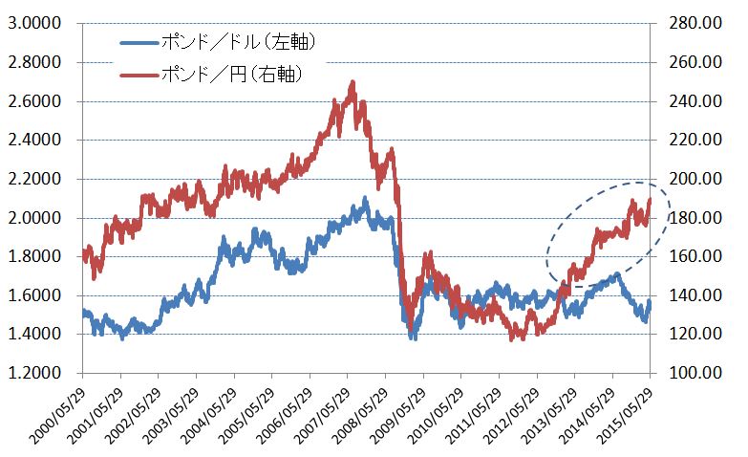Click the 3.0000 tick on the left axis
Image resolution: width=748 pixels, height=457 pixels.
click(x=31, y=24)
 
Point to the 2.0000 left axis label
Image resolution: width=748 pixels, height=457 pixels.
click(x=31, y=218)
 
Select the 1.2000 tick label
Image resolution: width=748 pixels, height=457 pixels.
click(x=31, y=373)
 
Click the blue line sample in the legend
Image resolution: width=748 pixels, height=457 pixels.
click(x=139, y=42)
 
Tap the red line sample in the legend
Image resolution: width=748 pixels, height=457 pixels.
click(x=139, y=74)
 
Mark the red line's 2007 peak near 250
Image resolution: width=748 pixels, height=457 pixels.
click(x=353, y=84)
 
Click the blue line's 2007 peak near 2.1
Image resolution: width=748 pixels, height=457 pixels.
click(x=364, y=200)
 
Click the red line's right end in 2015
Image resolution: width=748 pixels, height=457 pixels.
click(x=650, y=199)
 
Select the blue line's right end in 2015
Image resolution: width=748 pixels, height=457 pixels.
click(x=650, y=302)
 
